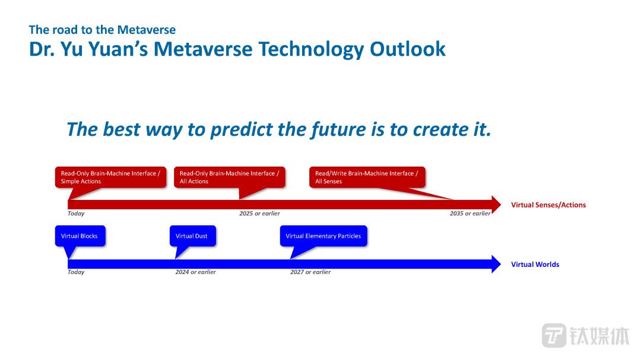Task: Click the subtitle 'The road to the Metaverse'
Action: tap(102, 30)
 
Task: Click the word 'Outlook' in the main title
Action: tap(408, 49)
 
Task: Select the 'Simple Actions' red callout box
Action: tap(110, 177)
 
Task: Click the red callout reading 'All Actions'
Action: tap(229, 177)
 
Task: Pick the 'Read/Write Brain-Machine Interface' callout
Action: tap(367, 177)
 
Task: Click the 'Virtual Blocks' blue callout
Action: tap(80, 236)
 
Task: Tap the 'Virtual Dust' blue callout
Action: tap(192, 236)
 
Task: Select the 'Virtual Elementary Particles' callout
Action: tap(323, 236)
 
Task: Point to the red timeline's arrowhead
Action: tap(496, 205)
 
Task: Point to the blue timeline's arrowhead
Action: tap(496, 264)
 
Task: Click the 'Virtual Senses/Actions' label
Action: tap(548, 205)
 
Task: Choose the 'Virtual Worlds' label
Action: tap(535, 265)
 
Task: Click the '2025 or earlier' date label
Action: tap(259, 214)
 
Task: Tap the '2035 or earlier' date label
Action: tap(470, 214)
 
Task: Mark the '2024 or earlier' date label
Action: tap(195, 272)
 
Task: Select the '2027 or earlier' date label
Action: tap(310, 272)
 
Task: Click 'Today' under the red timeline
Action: tap(76, 214)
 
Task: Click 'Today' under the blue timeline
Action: tap(76, 272)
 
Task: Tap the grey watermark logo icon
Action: tap(554, 336)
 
